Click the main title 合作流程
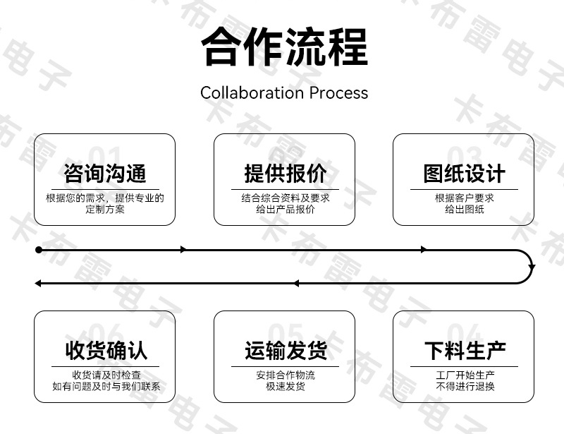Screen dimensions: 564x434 (285, 47)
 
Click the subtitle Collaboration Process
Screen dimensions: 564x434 (284, 92)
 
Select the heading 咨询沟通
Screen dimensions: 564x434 (104, 173)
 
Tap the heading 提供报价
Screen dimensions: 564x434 (286, 173)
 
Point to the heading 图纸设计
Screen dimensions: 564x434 (464, 173)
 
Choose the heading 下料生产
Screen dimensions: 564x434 (465, 351)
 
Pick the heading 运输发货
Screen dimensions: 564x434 (286, 351)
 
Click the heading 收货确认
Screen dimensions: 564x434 (106, 351)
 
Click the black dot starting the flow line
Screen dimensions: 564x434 (39, 250)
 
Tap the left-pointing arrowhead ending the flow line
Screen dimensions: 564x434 (38, 284)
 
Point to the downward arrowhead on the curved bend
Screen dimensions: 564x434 (532, 267)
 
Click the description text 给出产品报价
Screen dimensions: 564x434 (286, 210)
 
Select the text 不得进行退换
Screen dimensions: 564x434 (465, 387)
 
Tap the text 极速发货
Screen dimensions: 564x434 (286, 387)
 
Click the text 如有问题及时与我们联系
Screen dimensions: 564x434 (106, 387)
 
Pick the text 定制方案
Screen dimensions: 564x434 (104, 210)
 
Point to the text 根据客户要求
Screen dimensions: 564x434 (464, 198)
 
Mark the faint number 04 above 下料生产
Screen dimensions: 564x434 (464, 333)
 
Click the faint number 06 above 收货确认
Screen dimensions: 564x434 (105, 333)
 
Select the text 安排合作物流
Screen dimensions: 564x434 (286, 375)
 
